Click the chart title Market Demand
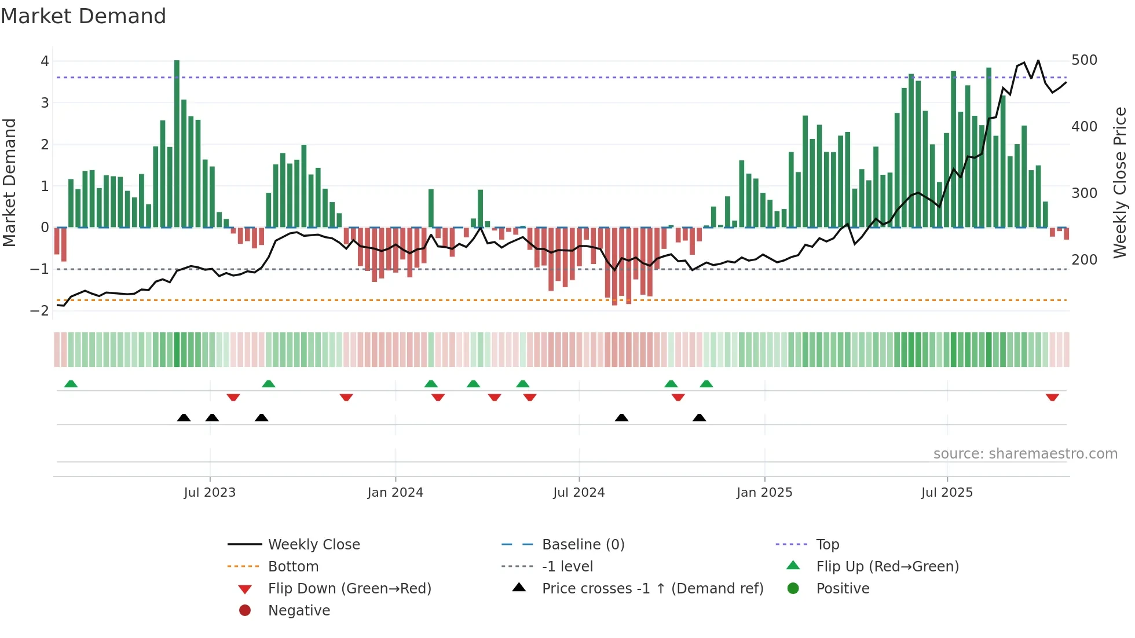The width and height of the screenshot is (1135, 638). [x=83, y=16]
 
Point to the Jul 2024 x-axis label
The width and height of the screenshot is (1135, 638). [x=579, y=493]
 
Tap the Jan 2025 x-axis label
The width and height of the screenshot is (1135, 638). [x=764, y=493]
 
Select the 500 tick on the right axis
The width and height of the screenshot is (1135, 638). [x=1084, y=60]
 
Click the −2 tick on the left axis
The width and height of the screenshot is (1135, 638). [x=39, y=311]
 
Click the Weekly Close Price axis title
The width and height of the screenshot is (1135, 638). [x=1120, y=182]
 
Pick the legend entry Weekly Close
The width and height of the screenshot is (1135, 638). [x=313, y=545]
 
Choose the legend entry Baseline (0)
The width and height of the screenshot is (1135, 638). [x=583, y=545]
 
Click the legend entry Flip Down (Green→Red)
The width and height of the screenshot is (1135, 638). [x=349, y=589]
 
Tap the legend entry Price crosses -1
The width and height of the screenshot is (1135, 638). [x=652, y=589]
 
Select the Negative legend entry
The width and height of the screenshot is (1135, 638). [x=299, y=611]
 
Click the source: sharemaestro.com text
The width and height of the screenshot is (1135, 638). [x=1025, y=454]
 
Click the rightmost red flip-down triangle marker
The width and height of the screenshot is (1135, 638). [x=1052, y=398]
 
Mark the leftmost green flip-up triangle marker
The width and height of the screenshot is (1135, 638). [x=71, y=384]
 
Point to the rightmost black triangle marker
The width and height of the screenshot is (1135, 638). [x=699, y=418]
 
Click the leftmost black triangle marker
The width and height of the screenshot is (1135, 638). [x=184, y=418]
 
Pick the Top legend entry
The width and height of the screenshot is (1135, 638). [x=827, y=545]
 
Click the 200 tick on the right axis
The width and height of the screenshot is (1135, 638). [x=1084, y=260]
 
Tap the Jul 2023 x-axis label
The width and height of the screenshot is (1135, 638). [x=210, y=493]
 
